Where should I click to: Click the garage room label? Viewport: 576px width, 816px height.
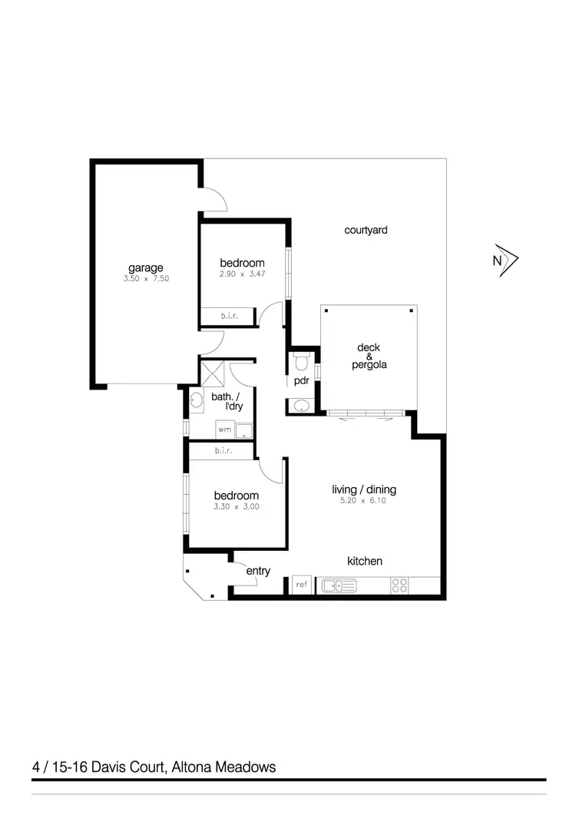(145, 267)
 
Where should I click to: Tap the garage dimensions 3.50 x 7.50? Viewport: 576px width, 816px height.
(145, 279)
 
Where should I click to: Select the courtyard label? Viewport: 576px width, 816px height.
(366, 229)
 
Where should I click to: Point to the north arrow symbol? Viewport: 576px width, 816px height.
(508, 260)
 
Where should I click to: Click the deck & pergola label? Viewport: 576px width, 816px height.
(369, 357)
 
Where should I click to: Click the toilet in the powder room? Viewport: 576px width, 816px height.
(300, 360)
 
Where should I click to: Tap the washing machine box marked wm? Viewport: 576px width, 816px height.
(223, 430)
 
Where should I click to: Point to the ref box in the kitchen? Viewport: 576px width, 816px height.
(302, 585)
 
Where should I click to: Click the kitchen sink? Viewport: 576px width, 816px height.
(339, 585)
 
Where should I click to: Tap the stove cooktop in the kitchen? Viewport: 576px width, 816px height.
(399, 585)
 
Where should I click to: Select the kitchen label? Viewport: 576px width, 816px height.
(365, 562)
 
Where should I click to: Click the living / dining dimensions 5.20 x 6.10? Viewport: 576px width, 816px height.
(364, 501)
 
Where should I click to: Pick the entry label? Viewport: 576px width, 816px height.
(258, 571)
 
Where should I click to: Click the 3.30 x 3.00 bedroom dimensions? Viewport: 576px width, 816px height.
(237, 507)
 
